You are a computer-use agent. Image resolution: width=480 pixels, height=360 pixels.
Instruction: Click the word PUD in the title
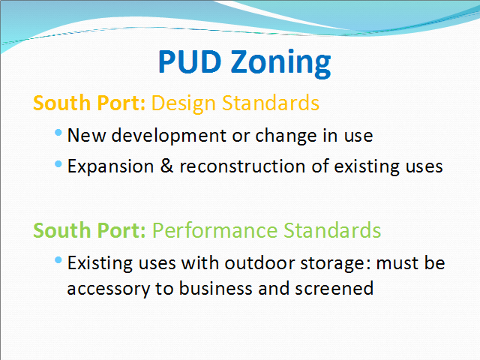[190, 61]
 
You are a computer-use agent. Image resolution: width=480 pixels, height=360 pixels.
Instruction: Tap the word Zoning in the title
[280, 63]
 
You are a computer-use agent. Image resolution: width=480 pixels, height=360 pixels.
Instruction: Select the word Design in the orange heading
[184, 103]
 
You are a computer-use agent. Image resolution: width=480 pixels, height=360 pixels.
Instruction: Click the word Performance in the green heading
[215, 230]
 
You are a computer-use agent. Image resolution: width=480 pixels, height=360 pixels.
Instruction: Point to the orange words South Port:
[89, 103]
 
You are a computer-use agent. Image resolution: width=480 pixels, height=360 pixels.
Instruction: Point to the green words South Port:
[89, 230]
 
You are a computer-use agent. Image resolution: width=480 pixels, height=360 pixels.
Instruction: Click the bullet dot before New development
[58, 133]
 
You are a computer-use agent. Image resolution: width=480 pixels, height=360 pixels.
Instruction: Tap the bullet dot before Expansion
[58, 164]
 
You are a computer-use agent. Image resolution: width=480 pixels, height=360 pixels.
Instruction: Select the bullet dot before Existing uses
[58, 260]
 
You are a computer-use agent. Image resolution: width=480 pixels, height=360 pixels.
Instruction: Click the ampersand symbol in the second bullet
[166, 166]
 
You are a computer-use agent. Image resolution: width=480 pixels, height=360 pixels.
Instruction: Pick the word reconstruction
[242, 166]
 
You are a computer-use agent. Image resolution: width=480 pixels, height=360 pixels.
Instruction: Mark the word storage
[335, 263]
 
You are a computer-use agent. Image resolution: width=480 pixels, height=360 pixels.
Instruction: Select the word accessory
[109, 289]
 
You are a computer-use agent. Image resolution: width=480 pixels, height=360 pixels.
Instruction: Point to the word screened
[334, 288]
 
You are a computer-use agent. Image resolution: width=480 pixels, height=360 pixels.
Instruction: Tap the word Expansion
[110, 166]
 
